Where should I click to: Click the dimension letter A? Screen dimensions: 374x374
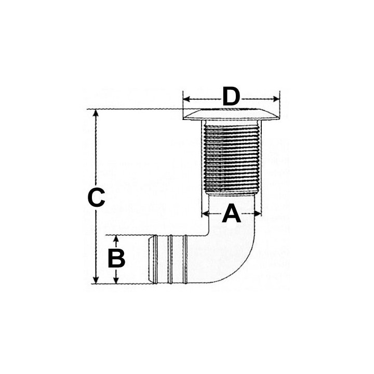(232, 213)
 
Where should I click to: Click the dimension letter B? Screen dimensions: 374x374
(116, 258)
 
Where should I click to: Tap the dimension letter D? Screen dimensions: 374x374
(232, 97)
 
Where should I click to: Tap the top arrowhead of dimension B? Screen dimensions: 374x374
(116, 238)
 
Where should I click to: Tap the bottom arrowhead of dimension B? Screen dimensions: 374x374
(116, 280)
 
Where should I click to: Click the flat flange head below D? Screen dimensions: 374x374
(231, 115)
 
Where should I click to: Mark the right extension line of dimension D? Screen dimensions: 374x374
(280, 104)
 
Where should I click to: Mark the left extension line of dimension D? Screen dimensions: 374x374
(183, 104)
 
